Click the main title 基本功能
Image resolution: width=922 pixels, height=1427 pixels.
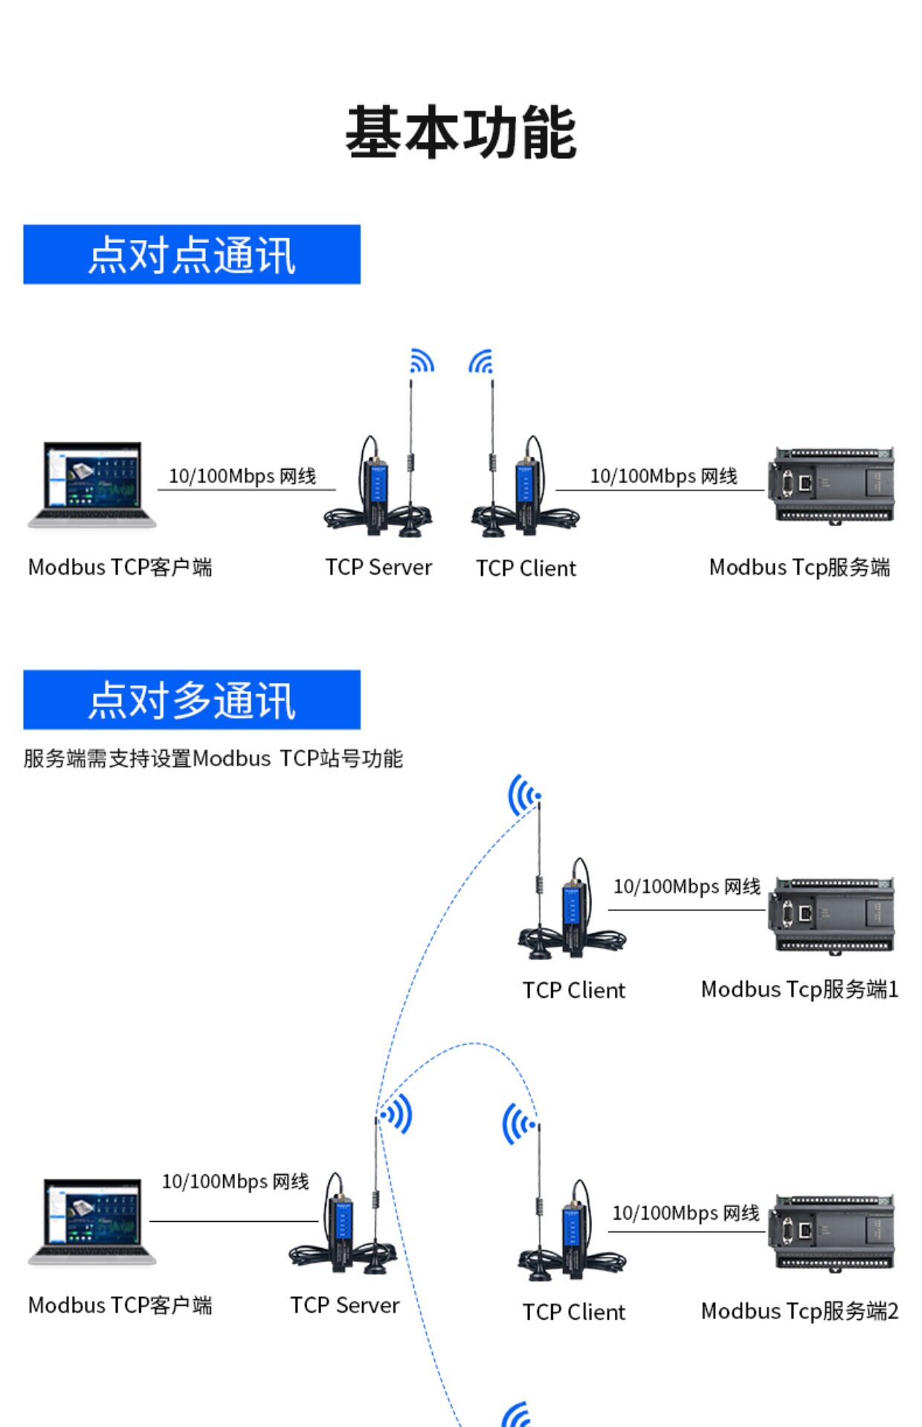pos(461,132)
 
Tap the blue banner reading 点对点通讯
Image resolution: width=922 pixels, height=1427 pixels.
pos(192,254)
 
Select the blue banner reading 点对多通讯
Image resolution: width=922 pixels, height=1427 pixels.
pos(192,699)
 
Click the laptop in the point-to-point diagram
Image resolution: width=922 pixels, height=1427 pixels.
pos(92,485)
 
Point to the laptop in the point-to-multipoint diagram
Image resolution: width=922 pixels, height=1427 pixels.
pos(92,1221)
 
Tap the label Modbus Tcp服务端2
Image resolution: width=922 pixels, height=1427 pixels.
pos(800,1311)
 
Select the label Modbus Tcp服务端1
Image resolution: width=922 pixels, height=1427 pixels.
pos(800,989)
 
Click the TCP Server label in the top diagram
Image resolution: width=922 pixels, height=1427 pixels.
pos(378,567)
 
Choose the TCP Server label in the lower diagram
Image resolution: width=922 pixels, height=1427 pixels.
pos(345,1305)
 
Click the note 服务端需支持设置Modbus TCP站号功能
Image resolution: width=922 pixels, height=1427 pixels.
pos(213,758)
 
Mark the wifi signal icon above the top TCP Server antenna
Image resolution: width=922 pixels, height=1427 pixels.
pos(422,361)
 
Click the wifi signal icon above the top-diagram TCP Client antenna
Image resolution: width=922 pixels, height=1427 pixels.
pos(481,361)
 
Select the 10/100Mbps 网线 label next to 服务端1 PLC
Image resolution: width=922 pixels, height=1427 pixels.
pos(687,886)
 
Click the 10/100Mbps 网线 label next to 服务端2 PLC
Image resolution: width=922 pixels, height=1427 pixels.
pos(686,1213)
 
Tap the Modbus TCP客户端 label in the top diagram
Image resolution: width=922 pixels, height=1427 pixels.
pos(120,567)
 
